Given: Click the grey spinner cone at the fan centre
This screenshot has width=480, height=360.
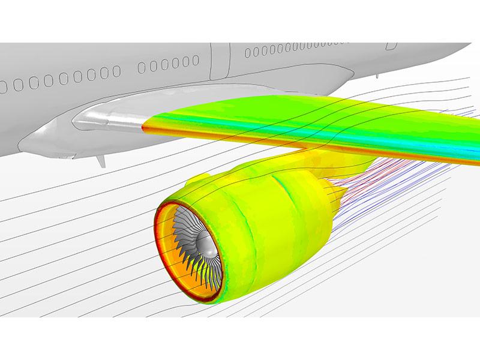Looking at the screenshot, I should coord(205,243).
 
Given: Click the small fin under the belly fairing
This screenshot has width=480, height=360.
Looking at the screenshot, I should coord(100,161).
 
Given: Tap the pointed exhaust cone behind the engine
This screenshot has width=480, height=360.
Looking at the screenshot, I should coord(340,193).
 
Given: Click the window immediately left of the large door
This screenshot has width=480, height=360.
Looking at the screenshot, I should coord(196,60).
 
